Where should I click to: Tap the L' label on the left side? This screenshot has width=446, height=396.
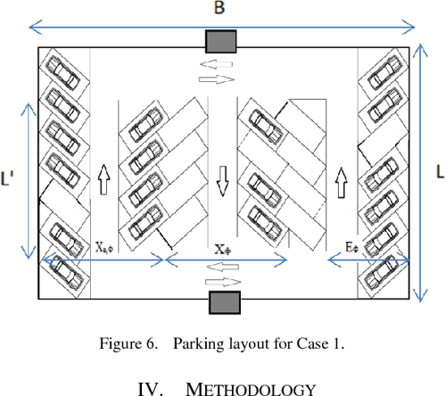tap(8, 179)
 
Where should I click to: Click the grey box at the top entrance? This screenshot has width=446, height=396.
tap(220, 42)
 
